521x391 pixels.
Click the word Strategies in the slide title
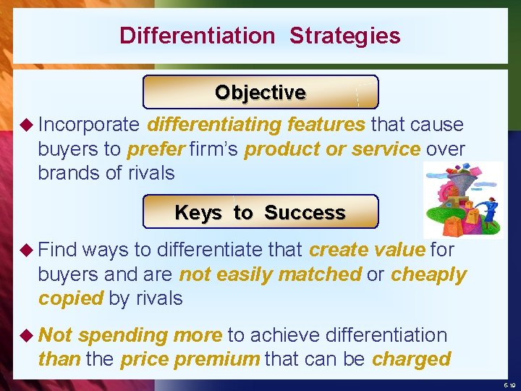(x=344, y=35)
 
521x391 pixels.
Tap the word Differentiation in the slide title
(x=197, y=35)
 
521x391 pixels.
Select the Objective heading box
(x=260, y=93)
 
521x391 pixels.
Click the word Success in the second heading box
(x=305, y=213)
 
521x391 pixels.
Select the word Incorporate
(x=88, y=125)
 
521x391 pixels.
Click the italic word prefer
(x=156, y=149)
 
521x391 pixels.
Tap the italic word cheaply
(x=428, y=274)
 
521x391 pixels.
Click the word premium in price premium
(x=226, y=359)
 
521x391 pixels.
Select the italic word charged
(x=411, y=359)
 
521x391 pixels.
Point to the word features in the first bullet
(x=326, y=125)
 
